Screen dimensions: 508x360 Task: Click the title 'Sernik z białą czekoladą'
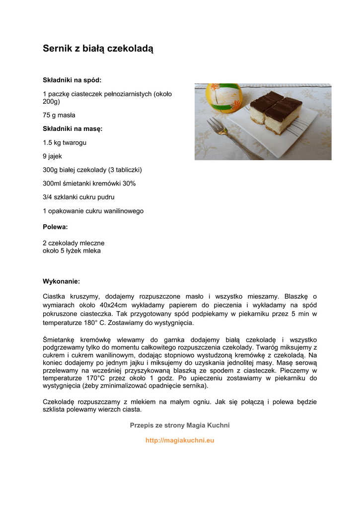coord(98,49)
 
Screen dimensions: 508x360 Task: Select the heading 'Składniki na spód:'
coord(72,80)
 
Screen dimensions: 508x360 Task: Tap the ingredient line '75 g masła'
coord(59,115)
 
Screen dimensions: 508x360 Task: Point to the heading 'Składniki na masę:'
coord(72,128)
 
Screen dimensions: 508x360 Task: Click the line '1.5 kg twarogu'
coord(65,142)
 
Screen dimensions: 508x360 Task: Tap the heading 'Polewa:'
coord(55,227)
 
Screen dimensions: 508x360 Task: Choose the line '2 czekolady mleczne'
coord(73,243)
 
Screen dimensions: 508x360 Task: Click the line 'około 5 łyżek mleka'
coord(72,251)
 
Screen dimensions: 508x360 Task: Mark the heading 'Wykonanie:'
coord(61,281)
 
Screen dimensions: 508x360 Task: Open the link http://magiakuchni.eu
coord(180,441)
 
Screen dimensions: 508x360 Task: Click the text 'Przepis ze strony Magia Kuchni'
coord(180,425)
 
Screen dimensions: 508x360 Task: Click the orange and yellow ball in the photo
coord(223,98)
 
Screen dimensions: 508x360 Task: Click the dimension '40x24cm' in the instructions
coord(113,305)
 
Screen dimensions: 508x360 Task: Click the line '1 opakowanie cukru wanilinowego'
coord(93,211)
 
